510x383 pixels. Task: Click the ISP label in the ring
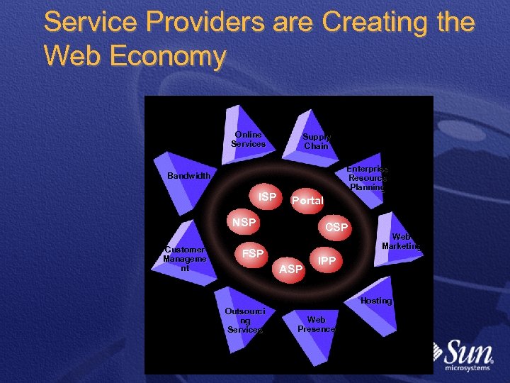pos(267,196)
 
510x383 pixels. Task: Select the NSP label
pos(244,223)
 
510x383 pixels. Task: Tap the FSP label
pos(253,253)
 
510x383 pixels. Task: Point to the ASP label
pos(291,269)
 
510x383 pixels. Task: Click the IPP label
pos(327,260)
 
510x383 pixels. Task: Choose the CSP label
pos(336,227)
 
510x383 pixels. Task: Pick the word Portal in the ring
pos(307,201)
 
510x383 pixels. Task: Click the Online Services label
pos(248,139)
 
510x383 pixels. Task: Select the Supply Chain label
pos(316,141)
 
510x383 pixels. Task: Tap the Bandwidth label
pos(188,176)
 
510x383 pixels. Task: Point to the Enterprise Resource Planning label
pos(367,179)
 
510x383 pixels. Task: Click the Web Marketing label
pos(401,241)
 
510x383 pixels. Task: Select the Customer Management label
pos(185,259)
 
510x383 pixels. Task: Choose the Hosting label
pos(375,301)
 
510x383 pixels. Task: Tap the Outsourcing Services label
pos(244,321)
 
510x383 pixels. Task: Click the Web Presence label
pos(316,325)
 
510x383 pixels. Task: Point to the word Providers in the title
pos(192,22)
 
